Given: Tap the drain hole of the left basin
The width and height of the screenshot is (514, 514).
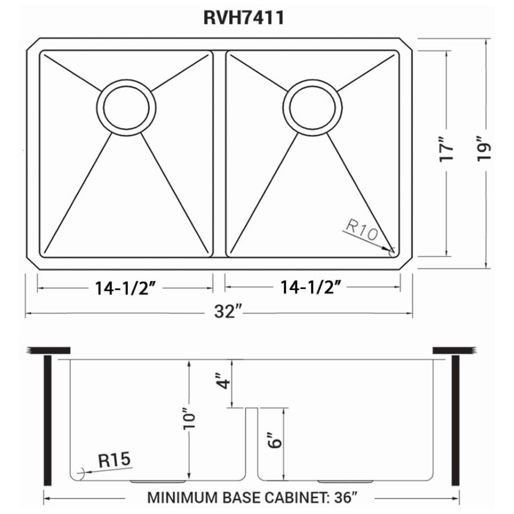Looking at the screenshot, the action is (x=126, y=107).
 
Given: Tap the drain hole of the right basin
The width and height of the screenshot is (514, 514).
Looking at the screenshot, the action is (x=312, y=107).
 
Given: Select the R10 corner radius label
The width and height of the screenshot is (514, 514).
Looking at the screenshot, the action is (x=362, y=230).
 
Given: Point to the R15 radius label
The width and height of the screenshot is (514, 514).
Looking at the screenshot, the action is (x=114, y=459).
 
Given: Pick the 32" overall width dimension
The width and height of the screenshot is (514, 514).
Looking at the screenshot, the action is (x=228, y=311).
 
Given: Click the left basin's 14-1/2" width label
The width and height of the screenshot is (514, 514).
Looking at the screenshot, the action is (x=125, y=288).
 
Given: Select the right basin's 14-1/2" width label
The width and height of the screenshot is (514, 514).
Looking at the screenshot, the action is (x=310, y=287).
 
